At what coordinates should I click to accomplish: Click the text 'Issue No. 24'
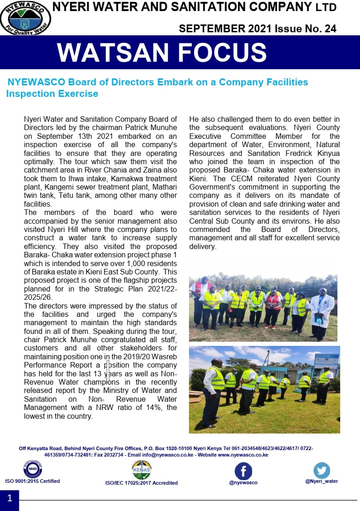[306, 29]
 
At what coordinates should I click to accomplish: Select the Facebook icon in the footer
[243, 471]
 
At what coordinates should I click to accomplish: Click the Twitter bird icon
[322, 470]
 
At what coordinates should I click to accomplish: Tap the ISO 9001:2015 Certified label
[32, 481]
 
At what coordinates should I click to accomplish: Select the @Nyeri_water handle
[321, 481]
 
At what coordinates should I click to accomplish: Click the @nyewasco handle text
[243, 482]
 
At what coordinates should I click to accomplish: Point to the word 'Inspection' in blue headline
[29, 94]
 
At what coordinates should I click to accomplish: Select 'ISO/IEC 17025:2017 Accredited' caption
[141, 483]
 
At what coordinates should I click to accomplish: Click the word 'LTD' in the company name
[326, 7]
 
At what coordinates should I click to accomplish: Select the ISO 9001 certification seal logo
[33, 469]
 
